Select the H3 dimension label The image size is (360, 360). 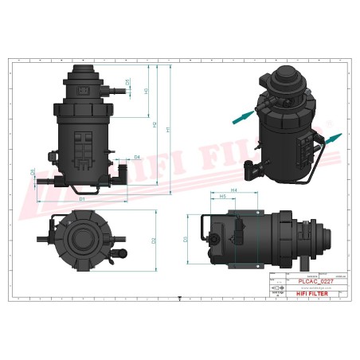point(146,91)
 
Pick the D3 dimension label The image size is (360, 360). point(186,239)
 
